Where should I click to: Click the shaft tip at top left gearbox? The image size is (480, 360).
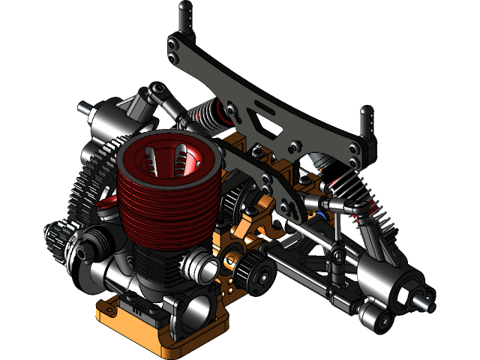[x=83, y=106]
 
